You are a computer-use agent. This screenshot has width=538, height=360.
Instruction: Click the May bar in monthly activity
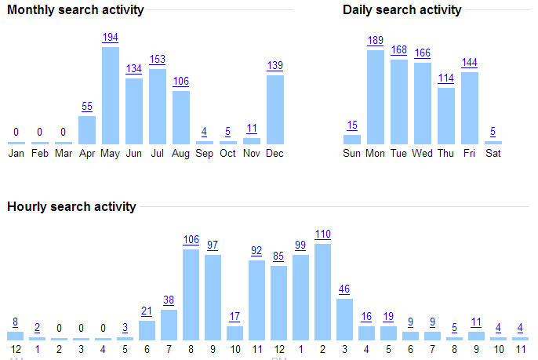111,95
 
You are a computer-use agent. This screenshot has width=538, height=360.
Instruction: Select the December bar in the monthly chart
275,109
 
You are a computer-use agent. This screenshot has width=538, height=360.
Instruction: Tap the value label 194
111,38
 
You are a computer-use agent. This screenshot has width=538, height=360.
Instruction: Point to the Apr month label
87,153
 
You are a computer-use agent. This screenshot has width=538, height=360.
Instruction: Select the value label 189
376,41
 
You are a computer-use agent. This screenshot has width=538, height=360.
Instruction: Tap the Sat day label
493,153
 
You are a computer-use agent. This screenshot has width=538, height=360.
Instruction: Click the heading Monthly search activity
75,10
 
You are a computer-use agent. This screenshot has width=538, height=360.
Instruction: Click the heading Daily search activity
402,10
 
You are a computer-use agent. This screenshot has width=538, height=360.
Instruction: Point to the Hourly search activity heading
71,207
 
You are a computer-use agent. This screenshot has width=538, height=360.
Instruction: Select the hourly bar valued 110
322,291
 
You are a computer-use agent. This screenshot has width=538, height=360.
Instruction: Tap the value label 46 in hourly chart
344,289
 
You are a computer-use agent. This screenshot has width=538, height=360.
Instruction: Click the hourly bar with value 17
234,333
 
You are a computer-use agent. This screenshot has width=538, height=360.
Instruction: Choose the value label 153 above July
158,60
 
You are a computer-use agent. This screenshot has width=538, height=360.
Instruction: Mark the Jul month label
158,153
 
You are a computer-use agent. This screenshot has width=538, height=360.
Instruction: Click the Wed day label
423,153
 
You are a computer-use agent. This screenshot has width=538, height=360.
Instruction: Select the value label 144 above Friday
470,63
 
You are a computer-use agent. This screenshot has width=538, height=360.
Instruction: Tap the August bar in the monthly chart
181,117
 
